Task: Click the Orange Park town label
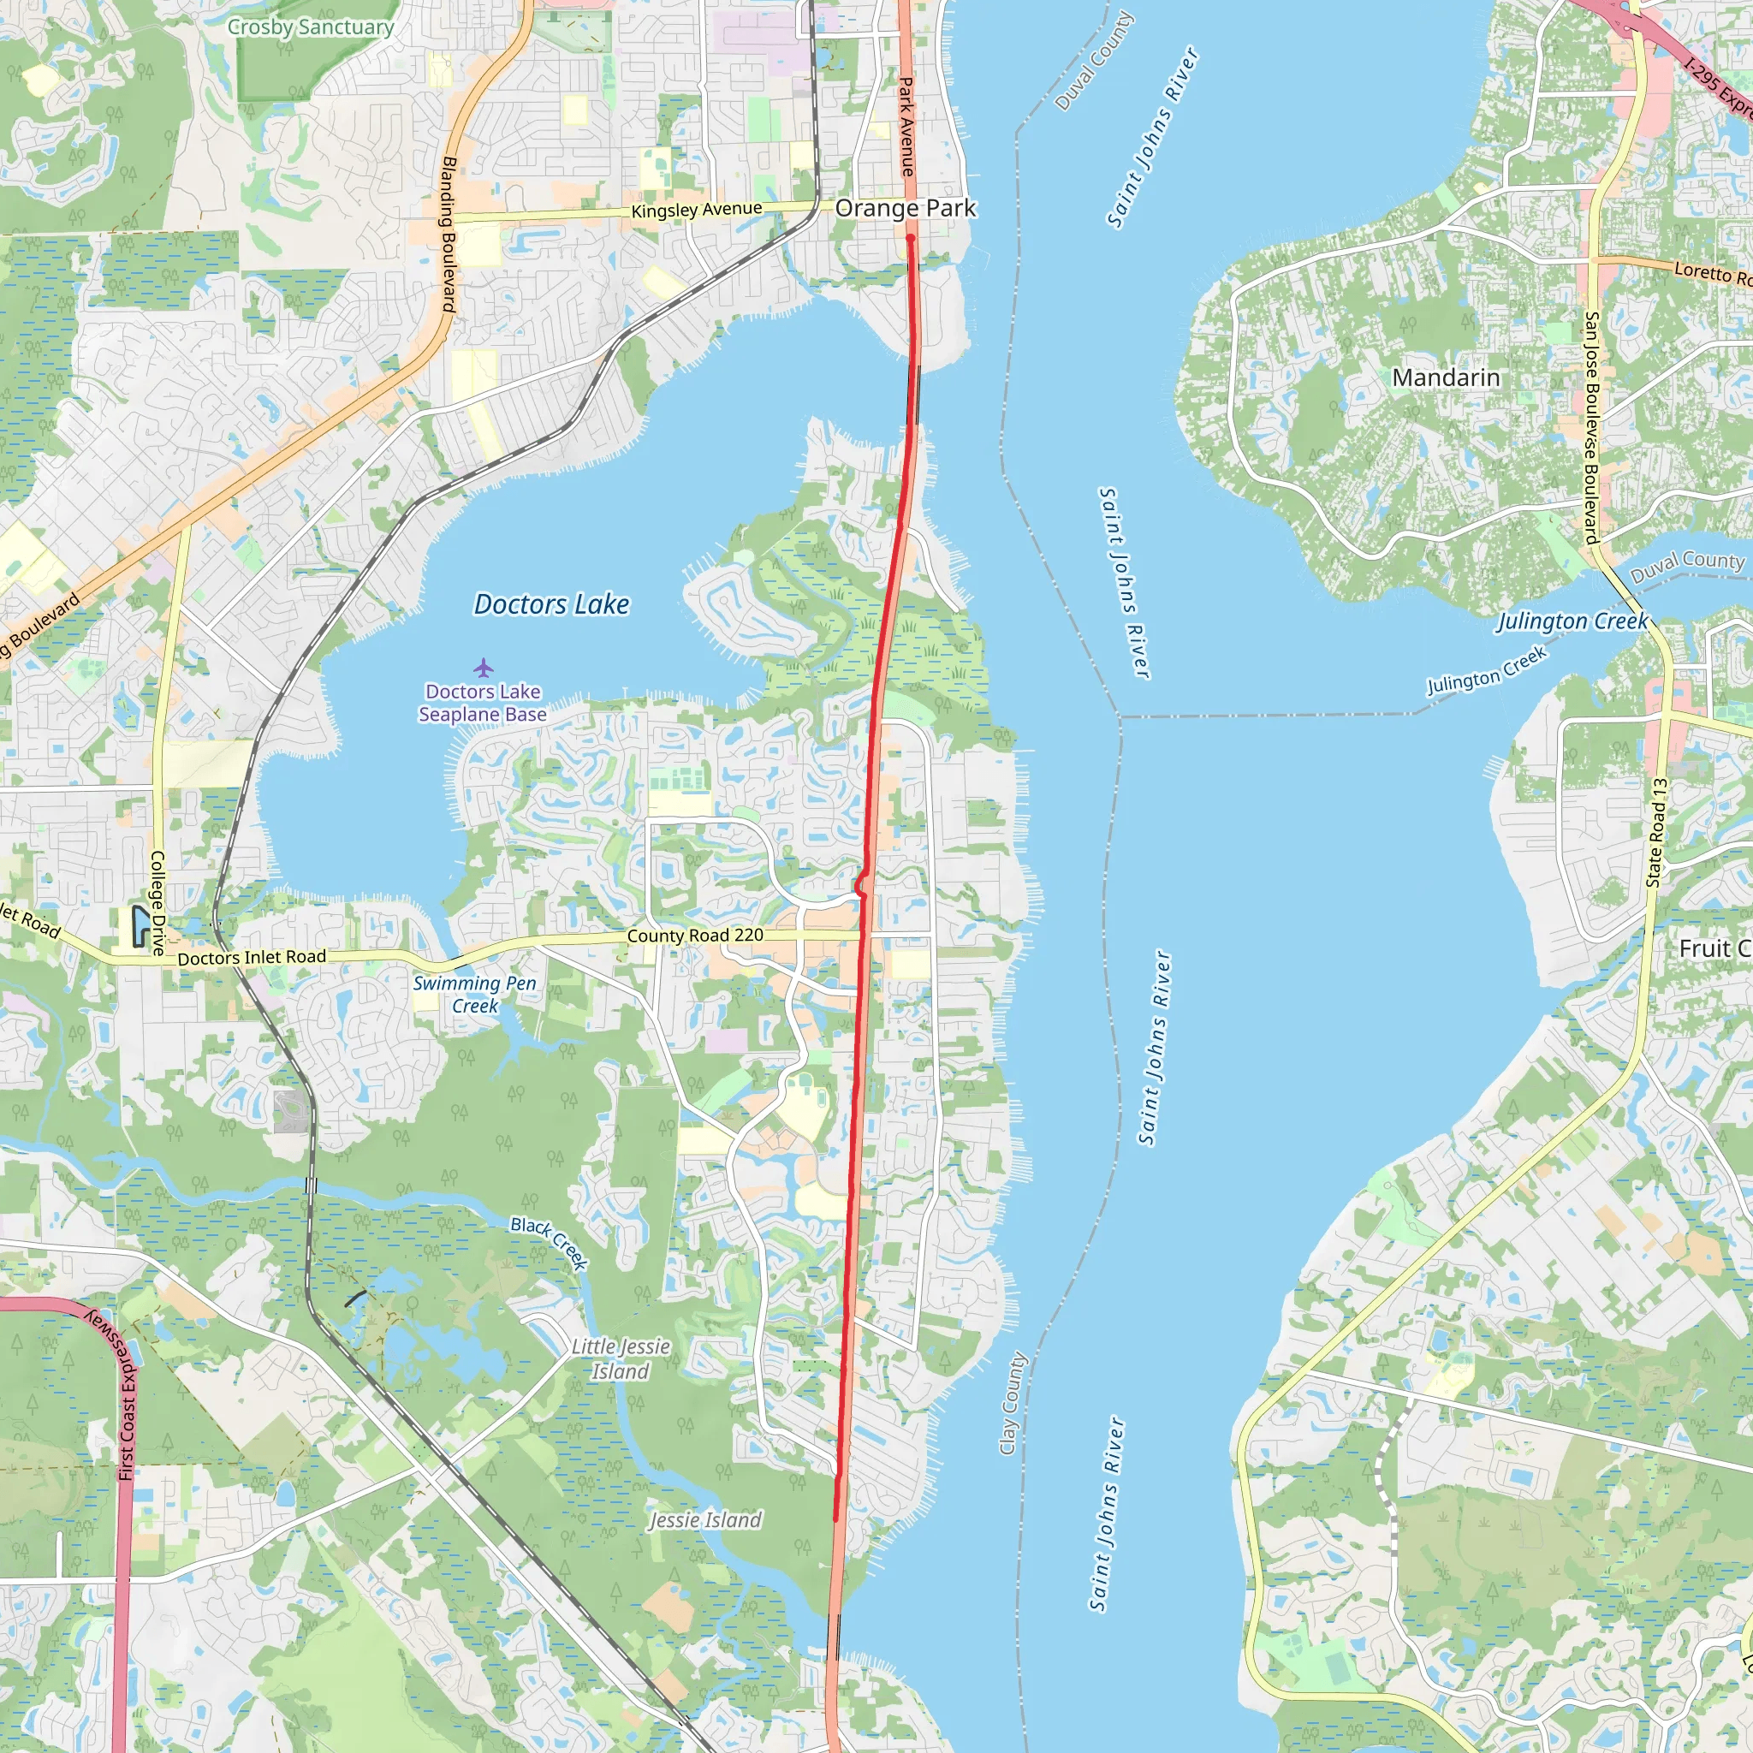(x=905, y=208)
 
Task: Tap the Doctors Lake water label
(x=550, y=604)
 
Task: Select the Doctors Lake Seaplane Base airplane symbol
(x=483, y=668)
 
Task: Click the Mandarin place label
(x=1446, y=377)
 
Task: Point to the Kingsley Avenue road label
(x=696, y=210)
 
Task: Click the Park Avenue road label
(x=906, y=127)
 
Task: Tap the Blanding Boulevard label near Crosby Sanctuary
(x=449, y=234)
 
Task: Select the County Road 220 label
(x=695, y=935)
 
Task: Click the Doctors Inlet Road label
(x=252, y=957)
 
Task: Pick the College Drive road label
(x=157, y=903)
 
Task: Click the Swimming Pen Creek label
(x=474, y=994)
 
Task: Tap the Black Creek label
(x=549, y=1242)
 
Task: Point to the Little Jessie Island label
(x=621, y=1358)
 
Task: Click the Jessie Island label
(x=705, y=1520)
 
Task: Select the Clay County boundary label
(x=1012, y=1403)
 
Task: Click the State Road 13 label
(x=1657, y=832)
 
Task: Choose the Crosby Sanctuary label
(x=311, y=27)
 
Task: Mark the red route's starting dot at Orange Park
(x=910, y=238)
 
